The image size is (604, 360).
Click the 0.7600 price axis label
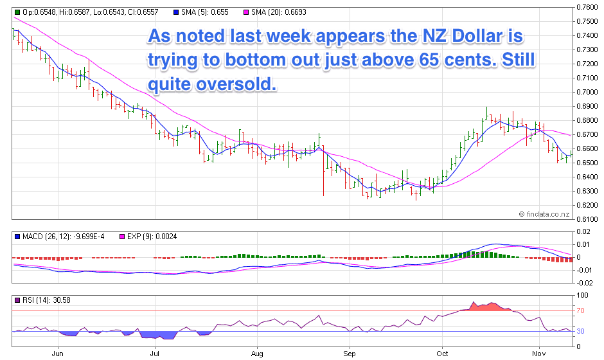[587, 8]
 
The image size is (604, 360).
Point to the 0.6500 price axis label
[587, 163]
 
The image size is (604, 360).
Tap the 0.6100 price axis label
[587, 219]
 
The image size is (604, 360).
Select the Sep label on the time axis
[350, 354]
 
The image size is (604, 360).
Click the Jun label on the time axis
[58, 354]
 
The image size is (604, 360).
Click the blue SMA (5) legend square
[175, 12]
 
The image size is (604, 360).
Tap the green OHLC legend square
[17, 12]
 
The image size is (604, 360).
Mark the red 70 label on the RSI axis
[580, 311]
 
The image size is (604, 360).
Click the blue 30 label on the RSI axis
[580, 332]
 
